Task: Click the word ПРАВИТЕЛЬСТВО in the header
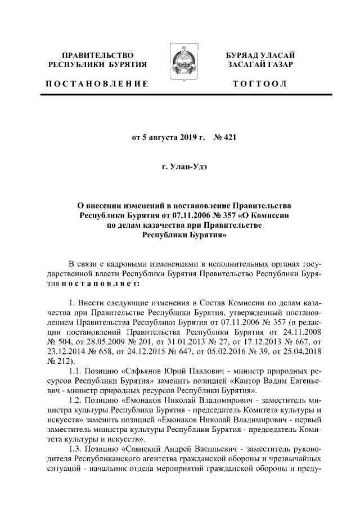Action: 97,56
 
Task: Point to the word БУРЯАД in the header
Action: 242,56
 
